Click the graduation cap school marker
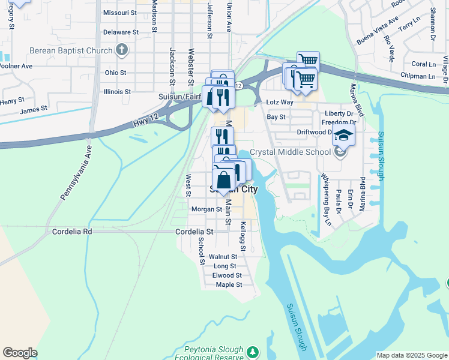[x=344, y=136]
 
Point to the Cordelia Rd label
[x=72, y=231]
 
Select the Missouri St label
[x=120, y=12]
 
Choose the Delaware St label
[x=121, y=32]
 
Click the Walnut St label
[x=223, y=257]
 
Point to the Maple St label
[x=229, y=284]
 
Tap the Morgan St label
[x=206, y=209]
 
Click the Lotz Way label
[x=280, y=103]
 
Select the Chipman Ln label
[x=420, y=76]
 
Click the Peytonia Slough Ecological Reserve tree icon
[x=253, y=350]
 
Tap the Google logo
[x=20, y=353]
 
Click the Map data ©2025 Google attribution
[x=412, y=355]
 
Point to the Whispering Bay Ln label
[x=326, y=199]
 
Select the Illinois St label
[x=117, y=92]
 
